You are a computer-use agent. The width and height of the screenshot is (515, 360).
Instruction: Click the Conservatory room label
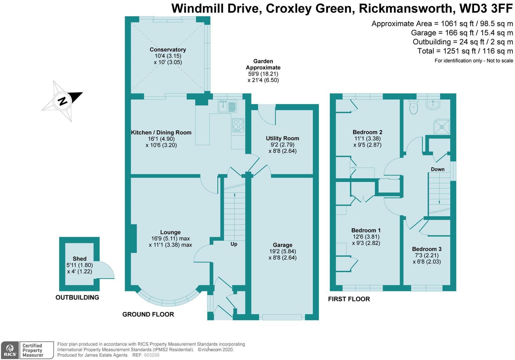(x=168, y=50)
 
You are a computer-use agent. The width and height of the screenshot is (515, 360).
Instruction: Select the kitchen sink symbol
(x=227, y=106)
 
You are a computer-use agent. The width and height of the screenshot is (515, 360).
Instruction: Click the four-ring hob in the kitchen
(x=238, y=125)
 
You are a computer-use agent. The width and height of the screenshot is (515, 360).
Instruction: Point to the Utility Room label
(x=282, y=138)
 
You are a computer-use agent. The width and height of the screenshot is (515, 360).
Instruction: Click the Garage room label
(x=282, y=245)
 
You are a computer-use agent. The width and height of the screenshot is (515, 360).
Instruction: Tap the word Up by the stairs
(x=234, y=244)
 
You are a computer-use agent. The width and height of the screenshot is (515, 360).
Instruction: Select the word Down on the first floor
(x=437, y=169)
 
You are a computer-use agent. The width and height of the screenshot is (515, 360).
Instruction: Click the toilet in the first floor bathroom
(x=413, y=107)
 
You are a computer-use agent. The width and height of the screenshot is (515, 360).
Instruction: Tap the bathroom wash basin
(x=433, y=105)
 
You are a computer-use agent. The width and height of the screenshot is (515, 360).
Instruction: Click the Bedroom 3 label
(x=427, y=249)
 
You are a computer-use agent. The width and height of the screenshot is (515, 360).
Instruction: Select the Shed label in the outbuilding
(x=80, y=259)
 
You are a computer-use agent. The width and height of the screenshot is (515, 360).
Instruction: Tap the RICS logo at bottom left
(x=10, y=350)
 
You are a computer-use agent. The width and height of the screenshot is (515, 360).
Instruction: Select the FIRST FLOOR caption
(x=349, y=299)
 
